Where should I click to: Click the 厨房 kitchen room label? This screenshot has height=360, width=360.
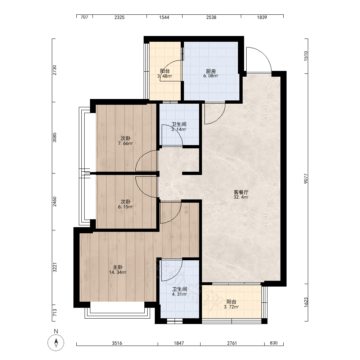211,71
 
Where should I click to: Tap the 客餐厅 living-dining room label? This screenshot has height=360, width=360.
241,192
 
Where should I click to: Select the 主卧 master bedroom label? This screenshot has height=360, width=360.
118,267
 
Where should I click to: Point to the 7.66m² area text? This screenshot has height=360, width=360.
125,144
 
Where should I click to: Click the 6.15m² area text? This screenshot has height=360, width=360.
125,207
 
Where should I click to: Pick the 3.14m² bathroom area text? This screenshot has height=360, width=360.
179,129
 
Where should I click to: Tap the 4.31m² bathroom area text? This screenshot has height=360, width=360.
180,294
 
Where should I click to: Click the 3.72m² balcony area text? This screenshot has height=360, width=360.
231,307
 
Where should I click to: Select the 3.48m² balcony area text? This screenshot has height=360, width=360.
165,76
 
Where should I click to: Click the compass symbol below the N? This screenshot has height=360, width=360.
56,343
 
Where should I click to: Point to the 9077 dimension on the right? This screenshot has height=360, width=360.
306,179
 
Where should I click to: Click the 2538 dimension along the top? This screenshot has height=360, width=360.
211,17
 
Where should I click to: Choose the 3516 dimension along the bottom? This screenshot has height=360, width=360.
117,343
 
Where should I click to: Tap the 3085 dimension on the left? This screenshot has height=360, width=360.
54,138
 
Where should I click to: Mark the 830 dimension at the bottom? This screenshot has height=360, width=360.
274,343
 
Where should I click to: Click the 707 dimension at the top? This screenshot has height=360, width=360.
85,17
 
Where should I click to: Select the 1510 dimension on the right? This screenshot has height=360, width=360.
306,56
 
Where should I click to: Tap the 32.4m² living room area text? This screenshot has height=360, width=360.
241,197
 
